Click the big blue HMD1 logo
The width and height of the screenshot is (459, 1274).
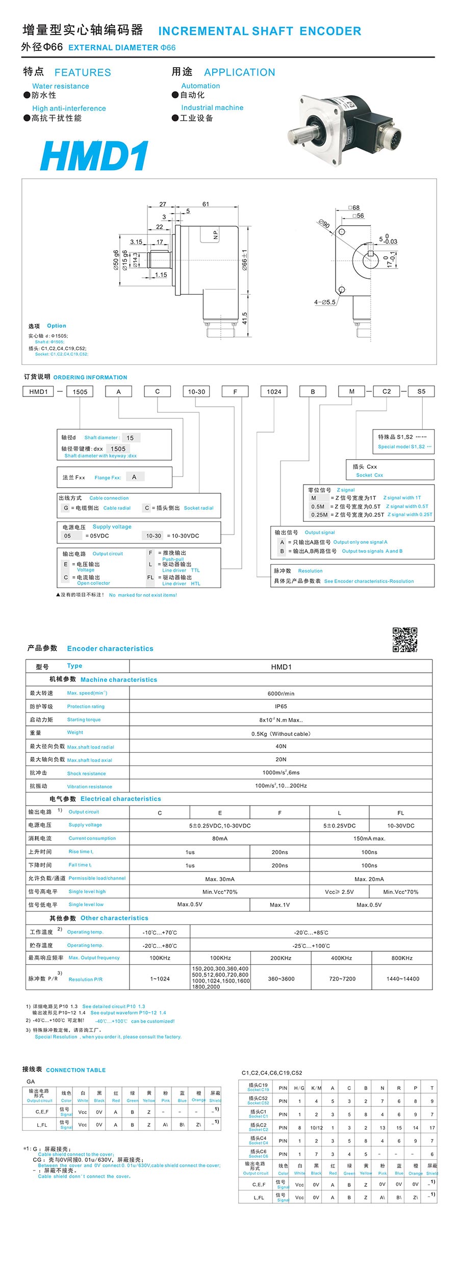pyautogui.click(x=95, y=156)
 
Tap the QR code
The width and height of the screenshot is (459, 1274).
pyautogui.click(x=405, y=640)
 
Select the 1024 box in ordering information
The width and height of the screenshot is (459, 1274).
pyautogui.click(x=274, y=391)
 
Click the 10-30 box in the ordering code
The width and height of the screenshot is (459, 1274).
pyautogui.click(x=196, y=391)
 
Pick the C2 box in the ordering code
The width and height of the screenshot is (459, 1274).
pyautogui.click(x=387, y=391)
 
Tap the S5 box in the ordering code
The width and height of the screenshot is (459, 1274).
pyautogui.click(x=421, y=391)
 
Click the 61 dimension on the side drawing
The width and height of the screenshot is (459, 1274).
pyautogui.click(x=206, y=204)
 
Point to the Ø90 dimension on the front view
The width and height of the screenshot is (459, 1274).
pyautogui.click(x=324, y=224)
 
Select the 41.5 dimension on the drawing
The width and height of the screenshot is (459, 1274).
pyautogui.click(x=245, y=319)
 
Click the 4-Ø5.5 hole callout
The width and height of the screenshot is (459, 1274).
pyautogui.click(x=325, y=302)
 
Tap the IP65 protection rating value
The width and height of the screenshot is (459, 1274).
pyautogui.click(x=281, y=706)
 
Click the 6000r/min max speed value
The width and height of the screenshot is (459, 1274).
pyautogui.click(x=281, y=694)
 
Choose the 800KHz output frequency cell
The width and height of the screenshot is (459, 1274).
pyautogui.click(x=402, y=958)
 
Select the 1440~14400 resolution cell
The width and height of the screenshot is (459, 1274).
pyautogui.click(x=402, y=978)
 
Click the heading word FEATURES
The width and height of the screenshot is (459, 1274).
pyautogui.click(x=83, y=72)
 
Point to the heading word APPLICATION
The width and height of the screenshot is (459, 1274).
pyautogui.click(x=239, y=72)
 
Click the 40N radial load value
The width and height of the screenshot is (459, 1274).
pyautogui.click(x=281, y=746)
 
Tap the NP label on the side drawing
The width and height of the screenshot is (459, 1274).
pyautogui.click(x=215, y=235)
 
